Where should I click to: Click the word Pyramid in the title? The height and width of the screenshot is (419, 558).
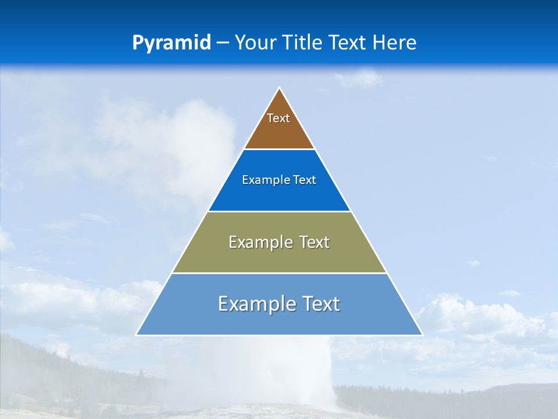(171, 43)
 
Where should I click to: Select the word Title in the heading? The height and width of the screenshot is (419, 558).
(304, 43)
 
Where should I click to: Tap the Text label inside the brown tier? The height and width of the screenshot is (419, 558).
(278, 118)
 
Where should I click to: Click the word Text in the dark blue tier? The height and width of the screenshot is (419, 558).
(305, 180)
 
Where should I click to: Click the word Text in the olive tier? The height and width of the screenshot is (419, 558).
(314, 242)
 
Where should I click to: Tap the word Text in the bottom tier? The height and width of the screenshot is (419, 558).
(320, 304)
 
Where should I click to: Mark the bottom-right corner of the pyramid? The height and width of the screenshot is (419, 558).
(422, 335)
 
